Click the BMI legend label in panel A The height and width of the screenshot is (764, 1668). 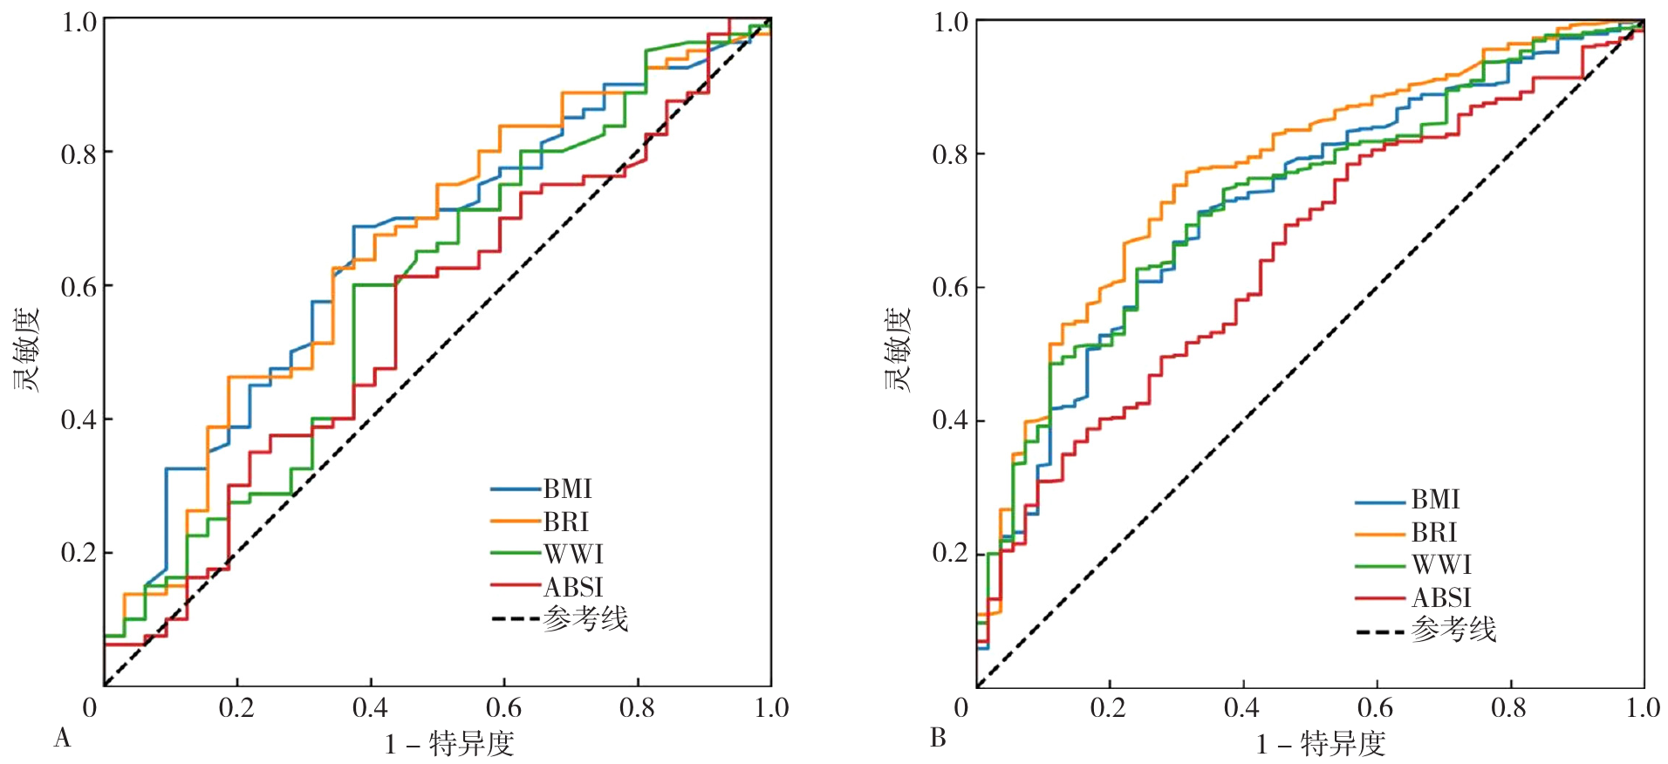(567, 489)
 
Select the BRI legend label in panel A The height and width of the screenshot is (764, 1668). (566, 522)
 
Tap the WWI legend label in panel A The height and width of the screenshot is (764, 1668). (573, 555)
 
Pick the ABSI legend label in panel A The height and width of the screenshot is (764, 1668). (573, 588)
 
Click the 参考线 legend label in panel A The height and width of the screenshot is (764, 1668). (585, 619)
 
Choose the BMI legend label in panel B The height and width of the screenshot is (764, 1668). (1435, 500)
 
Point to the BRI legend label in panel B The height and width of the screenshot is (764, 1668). (1434, 533)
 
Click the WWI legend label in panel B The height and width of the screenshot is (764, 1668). (1441, 565)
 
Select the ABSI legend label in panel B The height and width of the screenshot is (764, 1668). (1441, 598)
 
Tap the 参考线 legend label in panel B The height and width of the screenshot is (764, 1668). (1453, 630)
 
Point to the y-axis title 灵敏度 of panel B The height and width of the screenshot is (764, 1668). (898, 351)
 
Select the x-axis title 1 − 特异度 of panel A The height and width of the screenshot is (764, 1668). (449, 744)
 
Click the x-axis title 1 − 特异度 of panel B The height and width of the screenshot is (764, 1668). (1321, 744)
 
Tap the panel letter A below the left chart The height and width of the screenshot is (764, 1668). (62, 739)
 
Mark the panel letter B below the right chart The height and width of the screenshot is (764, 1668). (938, 739)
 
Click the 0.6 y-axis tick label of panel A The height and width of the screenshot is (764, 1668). (78, 287)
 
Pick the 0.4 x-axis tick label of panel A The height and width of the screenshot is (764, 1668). (370, 707)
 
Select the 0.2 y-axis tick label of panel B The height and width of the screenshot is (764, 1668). (950, 553)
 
